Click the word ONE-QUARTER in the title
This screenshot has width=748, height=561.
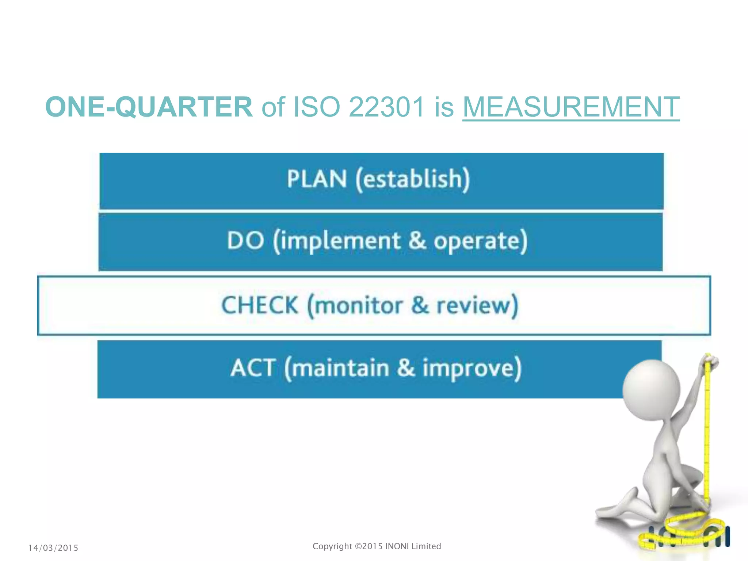(x=149, y=107)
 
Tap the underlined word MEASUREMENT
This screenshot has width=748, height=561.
(x=570, y=107)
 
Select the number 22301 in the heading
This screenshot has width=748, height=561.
(x=387, y=107)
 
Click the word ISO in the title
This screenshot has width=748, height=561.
(x=317, y=107)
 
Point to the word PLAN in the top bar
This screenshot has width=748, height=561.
(x=316, y=179)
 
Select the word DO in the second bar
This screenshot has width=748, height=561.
(x=245, y=241)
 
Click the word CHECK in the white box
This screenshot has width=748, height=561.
(x=260, y=305)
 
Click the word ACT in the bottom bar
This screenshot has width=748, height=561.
(x=253, y=368)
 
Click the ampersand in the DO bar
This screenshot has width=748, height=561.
(x=417, y=241)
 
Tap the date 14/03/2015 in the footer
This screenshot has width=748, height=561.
(x=53, y=548)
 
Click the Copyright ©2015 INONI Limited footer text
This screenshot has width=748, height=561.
(x=377, y=546)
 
